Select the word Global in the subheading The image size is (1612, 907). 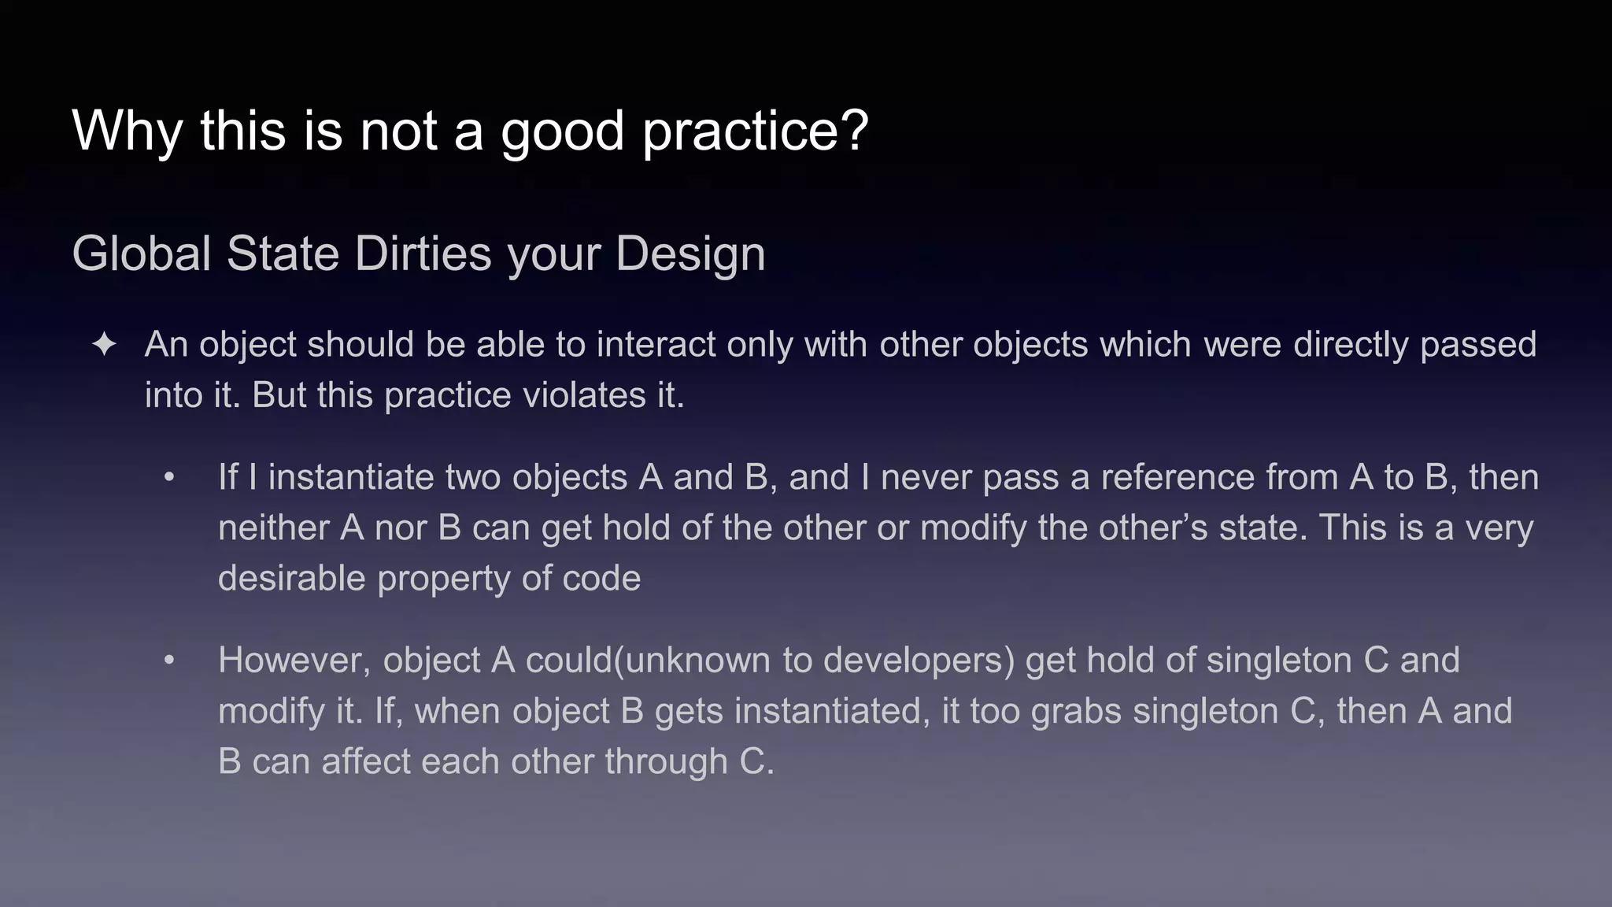tap(142, 254)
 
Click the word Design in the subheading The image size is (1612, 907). tap(690, 255)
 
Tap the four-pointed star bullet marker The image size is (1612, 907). tap(105, 345)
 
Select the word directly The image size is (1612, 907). tap(1351, 345)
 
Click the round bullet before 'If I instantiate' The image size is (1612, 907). tap(169, 478)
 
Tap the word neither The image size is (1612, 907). tap(273, 528)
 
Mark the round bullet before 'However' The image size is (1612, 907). tap(169, 661)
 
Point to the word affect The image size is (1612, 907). tap(365, 762)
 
